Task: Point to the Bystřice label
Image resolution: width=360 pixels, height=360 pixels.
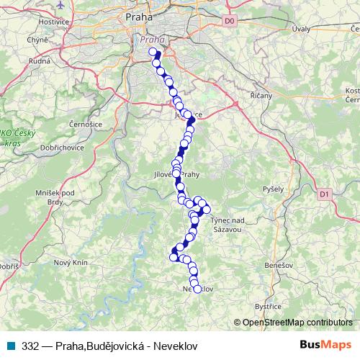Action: [x=267, y=305]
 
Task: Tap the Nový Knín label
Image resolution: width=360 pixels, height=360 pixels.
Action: [x=70, y=262]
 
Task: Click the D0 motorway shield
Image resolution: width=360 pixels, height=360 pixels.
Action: [x=230, y=22]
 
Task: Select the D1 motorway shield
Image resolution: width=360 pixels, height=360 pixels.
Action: [x=323, y=194]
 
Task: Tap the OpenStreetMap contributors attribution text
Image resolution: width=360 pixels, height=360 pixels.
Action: [x=297, y=323]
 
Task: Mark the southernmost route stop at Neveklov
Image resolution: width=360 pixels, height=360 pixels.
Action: [x=197, y=289]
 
